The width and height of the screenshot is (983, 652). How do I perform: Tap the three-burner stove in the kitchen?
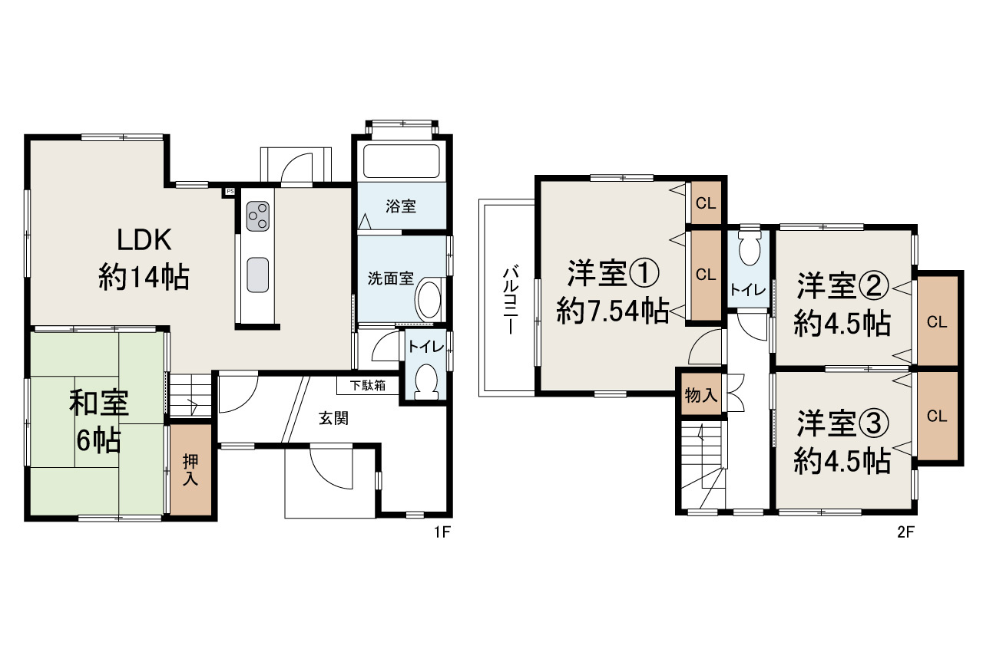(x=257, y=216)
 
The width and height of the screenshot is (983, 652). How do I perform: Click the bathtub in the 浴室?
(x=400, y=160)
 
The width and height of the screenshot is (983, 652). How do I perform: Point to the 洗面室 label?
(x=390, y=279)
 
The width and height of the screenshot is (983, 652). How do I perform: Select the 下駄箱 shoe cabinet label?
(x=368, y=385)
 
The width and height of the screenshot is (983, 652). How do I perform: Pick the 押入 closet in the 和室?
(x=191, y=469)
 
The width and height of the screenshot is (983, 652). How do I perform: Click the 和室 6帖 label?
(x=98, y=420)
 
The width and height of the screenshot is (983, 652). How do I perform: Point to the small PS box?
(x=229, y=191)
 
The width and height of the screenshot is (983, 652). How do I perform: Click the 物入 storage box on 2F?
(x=700, y=396)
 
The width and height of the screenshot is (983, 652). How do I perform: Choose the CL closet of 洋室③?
(x=936, y=416)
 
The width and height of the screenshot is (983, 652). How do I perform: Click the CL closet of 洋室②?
(x=936, y=322)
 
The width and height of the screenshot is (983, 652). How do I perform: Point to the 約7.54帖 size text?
(x=612, y=311)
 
